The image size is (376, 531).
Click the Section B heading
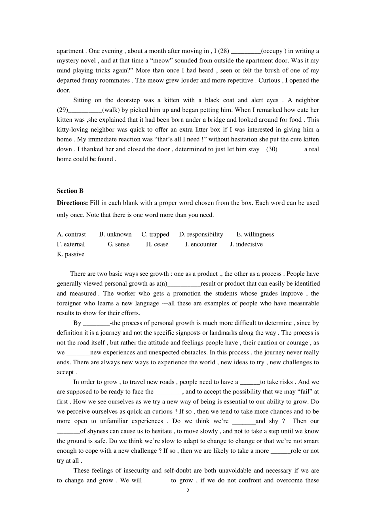point(70,191)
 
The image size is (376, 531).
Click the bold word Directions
point(72,203)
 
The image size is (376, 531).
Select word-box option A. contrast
point(71,234)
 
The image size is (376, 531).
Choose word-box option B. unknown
point(115,234)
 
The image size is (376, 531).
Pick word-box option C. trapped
point(155,234)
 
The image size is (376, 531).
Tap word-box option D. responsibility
point(201,234)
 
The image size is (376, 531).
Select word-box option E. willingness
point(255,234)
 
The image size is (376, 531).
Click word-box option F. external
point(71,244)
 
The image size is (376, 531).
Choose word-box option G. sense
point(119,244)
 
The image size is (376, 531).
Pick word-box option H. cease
point(157,244)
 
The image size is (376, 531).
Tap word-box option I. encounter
point(201,244)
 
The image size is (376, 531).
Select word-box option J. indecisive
point(246,244)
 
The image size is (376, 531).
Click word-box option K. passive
point(70,254)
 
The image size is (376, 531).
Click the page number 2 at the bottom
point(188,491)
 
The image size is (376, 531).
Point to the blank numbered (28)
point(245,51)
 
